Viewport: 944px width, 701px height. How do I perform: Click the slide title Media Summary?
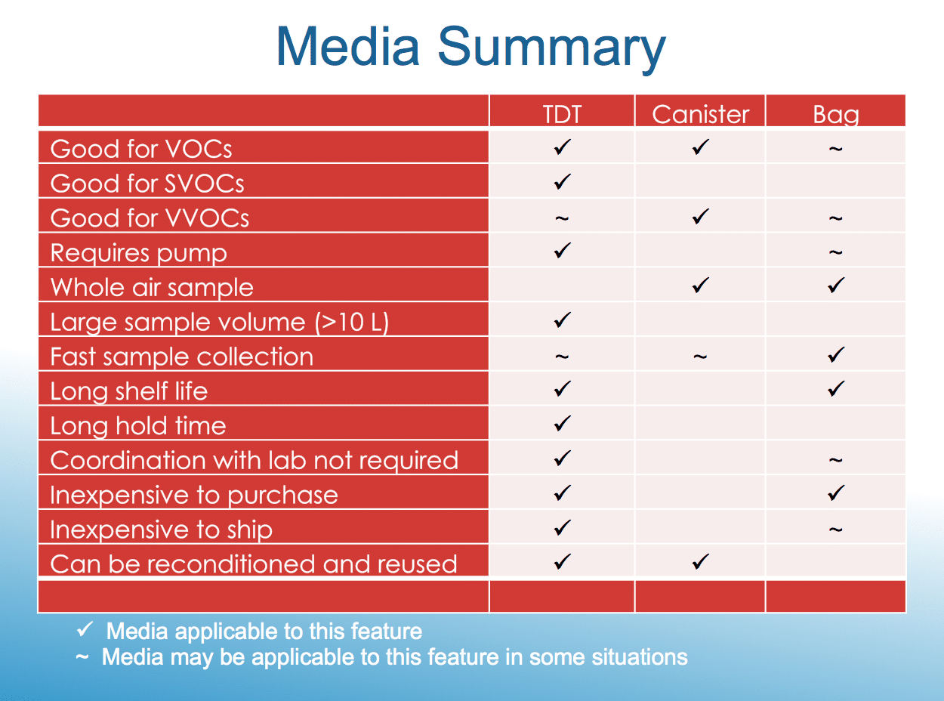(471, 48)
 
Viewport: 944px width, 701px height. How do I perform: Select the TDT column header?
(562, 114)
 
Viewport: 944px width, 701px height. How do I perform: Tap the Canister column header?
(701, 114)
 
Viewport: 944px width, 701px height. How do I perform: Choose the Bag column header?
(836, 115)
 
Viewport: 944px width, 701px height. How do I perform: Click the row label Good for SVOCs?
(147, 184)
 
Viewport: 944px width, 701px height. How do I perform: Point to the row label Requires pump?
(139, 254)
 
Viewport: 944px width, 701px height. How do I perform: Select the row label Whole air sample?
(152, 288)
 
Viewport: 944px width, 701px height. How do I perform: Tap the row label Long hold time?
(138, 426)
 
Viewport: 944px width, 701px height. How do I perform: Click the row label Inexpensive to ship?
(162, 530)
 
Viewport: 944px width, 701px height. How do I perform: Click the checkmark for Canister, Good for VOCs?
(701, 147)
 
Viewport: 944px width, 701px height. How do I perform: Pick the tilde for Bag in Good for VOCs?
(835, 149)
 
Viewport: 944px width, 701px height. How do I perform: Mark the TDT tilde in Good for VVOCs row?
(562, 218)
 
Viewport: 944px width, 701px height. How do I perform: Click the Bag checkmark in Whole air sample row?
(836, 286)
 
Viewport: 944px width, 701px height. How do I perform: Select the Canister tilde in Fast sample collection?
(700, 357)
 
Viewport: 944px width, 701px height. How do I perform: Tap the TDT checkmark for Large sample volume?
(562, 320)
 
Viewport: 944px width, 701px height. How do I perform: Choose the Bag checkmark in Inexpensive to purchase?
(836, 493)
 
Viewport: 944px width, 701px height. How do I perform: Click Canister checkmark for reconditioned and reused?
(701, 562)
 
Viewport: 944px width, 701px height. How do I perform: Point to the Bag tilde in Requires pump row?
(835, 253)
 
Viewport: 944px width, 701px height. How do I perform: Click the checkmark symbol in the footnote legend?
(85, 629)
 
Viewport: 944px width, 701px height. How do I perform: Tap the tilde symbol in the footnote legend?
(82, 657)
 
